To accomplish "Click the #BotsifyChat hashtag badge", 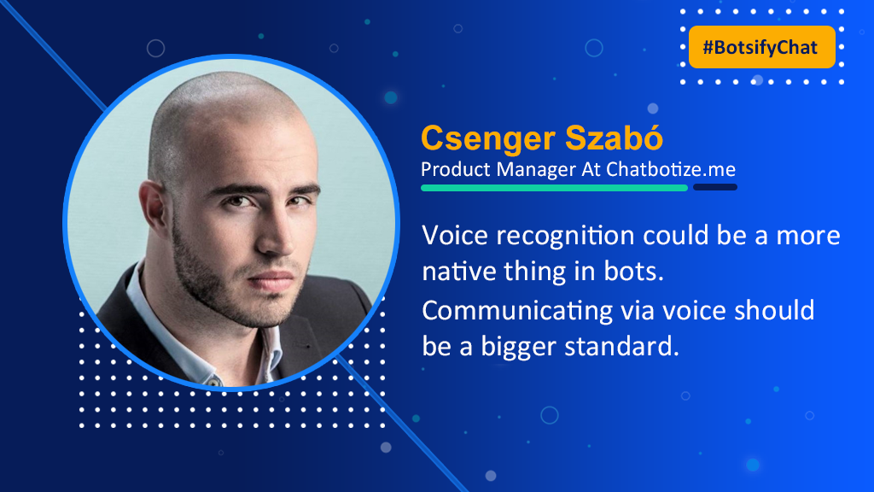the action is pos(762,47).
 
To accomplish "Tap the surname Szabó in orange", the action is pos(615,138).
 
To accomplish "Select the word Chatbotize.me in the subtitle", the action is pos(671,169).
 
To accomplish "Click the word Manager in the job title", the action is pos(536,170).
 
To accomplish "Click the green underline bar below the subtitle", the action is pos(554,188).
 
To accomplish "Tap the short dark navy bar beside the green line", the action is pos(715,187).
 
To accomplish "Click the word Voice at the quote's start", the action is pos(455,235).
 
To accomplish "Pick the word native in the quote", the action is pos(458,272).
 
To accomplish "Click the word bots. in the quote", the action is pos(634,271).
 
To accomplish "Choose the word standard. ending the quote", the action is pos(621,347).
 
